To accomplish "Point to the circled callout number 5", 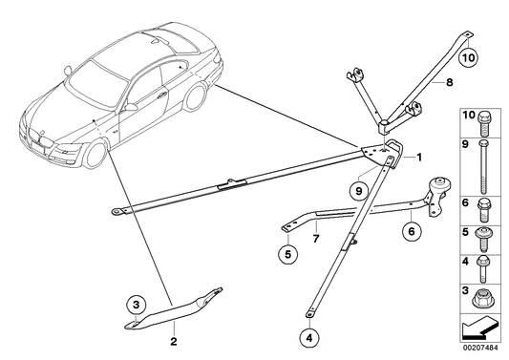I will pyautogui.click(x=286, y=253).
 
